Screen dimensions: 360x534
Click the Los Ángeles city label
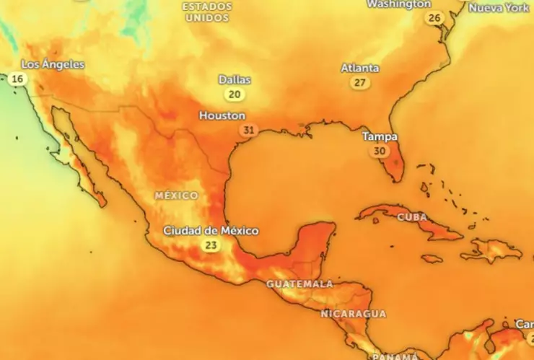pyautogui.click(x=53, y=65)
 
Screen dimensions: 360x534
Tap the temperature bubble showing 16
pyautogui.click(x=18, y=79)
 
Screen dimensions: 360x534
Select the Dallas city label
pyautogui.click(x=235, y=79)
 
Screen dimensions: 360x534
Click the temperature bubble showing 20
pyautogui.click(x=234, y=95)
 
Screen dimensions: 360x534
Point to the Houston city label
pyautogui.click(x=222, y=115)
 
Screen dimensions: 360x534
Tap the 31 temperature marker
pyautogui.click(x=249, y=131)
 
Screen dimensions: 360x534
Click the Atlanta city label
pyautogui.click(x=359, y=69)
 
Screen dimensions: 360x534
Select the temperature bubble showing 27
pyautogui.click(x=359, y=83)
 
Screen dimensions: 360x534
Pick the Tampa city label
pyautogui.click(x=380, y=136)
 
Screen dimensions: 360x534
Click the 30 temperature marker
pyautogui.click(x=379, y=152)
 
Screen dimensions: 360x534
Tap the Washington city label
pyautogui.click(x=399, y=4)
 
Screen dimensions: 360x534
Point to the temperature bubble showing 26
pyautogui.click(x=434, y=18)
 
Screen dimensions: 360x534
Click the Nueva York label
pyautogui.click(x=499, y=8)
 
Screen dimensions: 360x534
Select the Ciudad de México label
pyautogui.click(x=211, y=231)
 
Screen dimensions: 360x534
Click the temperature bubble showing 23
pyautogui.click(x=211, y=245)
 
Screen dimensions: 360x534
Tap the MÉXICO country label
pyautogui.click(x=176, y=196)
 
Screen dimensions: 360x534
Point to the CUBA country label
pyautogui.click(x=412, y=217)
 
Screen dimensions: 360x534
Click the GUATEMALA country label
pyautogui.click(x=299, y=284)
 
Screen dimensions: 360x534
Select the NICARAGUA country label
pyautogui.click(x=353, y=314)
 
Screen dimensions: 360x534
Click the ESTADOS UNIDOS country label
pyautogui.click(x=207, y=12)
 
